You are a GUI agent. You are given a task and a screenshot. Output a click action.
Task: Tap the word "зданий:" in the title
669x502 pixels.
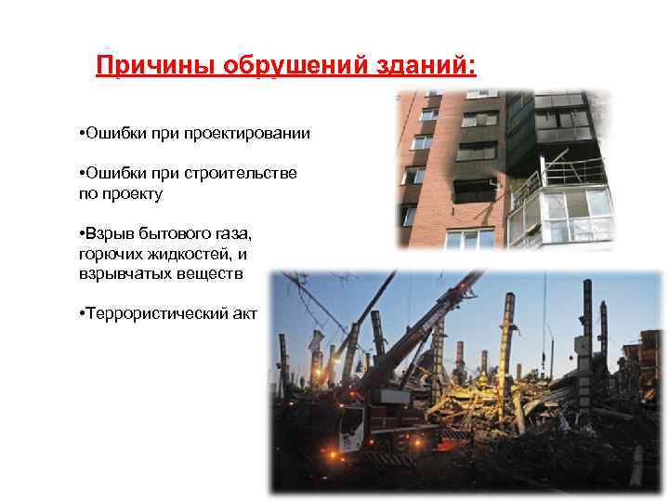pyautogui.click(x=408, y=66)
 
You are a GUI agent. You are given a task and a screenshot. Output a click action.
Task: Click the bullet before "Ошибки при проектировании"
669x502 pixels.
pyautogui.click(x=83, y=135)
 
